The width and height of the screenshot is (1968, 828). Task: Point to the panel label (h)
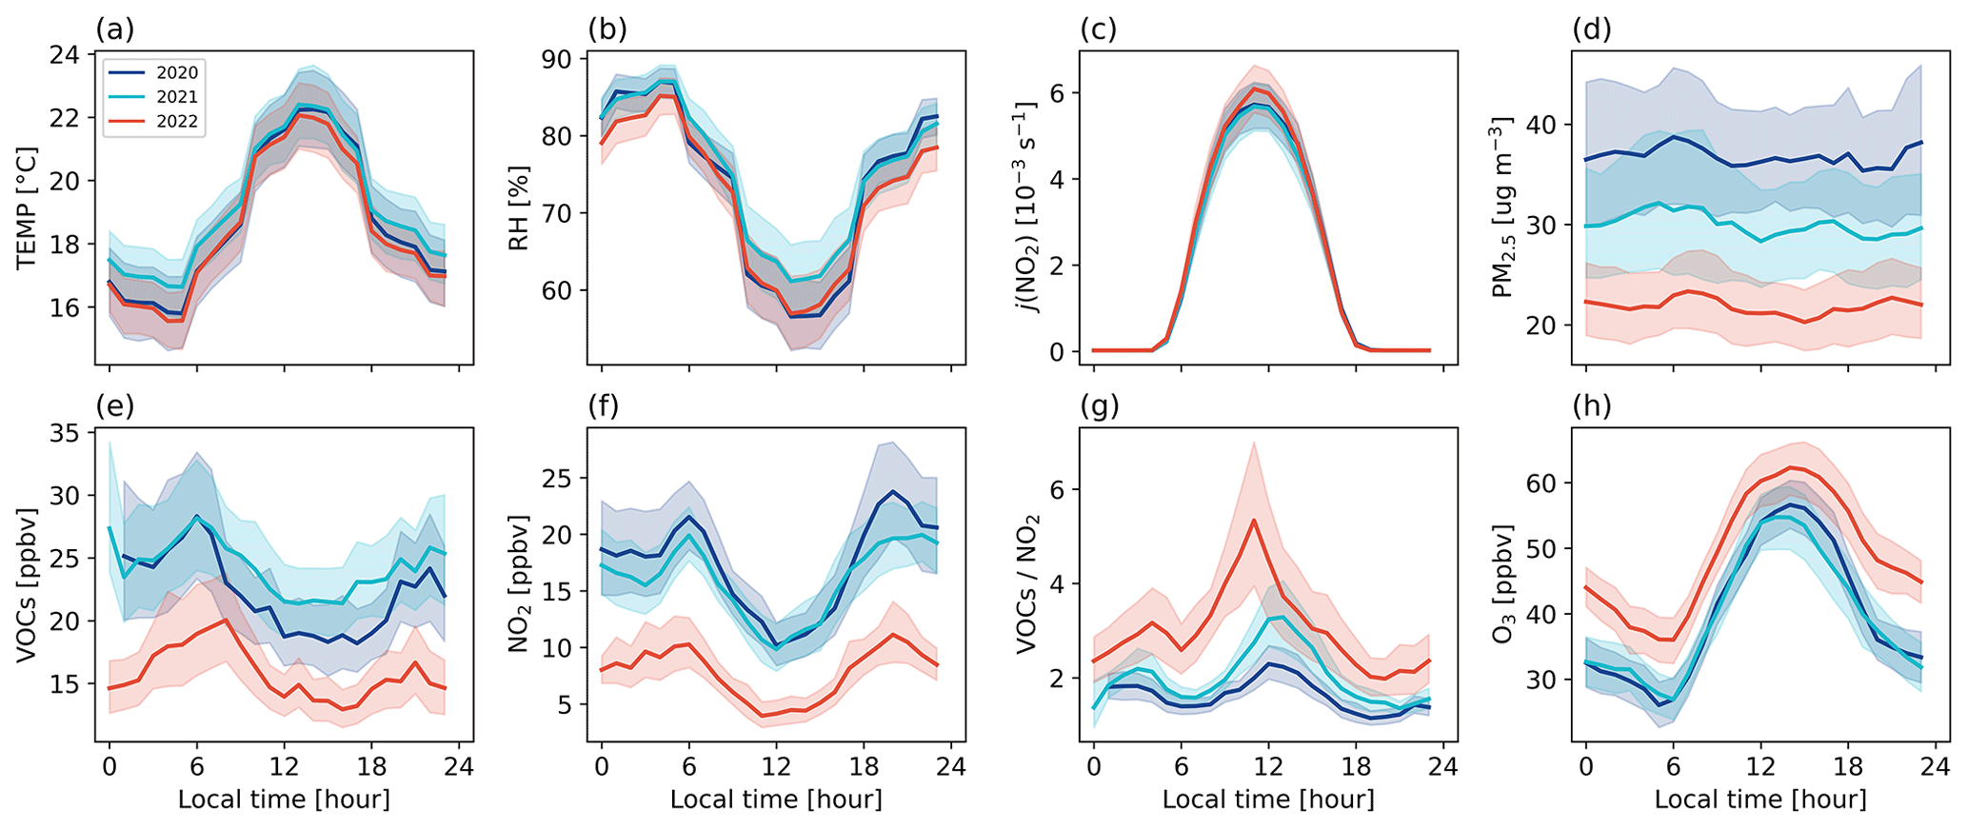[1591, 406]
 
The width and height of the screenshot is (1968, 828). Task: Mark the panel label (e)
[114, 406]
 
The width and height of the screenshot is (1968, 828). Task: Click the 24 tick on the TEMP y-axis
[65, 54]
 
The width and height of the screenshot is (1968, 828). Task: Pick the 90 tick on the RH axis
[557, 59]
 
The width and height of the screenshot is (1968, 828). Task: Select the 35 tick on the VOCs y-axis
[65, 433]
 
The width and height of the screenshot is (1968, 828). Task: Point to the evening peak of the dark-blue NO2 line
[892, 492]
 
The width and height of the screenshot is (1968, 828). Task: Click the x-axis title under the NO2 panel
[776, 799]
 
